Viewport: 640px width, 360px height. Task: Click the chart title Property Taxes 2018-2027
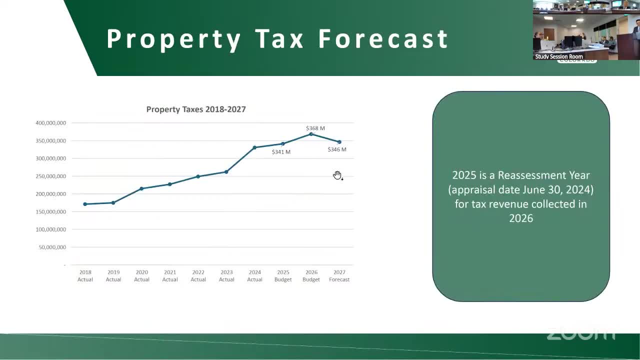[x=196, y=109]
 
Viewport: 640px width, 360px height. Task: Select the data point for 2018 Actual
[x=85, y=204]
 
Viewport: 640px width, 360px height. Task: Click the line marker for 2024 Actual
[x=254, y=147]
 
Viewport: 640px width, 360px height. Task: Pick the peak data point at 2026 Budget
[x=311, y=134]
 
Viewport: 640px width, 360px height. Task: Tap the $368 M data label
[x=315, y=128]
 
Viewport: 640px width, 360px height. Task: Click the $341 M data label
[x=281, y=152]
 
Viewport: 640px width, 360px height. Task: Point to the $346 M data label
[x=337, y=149]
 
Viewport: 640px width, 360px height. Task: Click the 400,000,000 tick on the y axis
[x=50, y=123]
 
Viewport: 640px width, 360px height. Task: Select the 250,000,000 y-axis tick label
[x=50, y=176]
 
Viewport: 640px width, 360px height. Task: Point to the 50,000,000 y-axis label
[x=52, y=247]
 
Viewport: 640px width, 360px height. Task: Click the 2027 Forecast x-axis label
[x=339, y=276]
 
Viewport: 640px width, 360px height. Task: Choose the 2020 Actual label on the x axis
[x=141, y=276]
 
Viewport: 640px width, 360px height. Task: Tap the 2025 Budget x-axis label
[x=283, y=276]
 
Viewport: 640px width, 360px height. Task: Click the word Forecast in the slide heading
[x=383, y=39]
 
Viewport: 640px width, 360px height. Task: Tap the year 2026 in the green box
[x=521, y=218]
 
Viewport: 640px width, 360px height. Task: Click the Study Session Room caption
[x=559, y=56]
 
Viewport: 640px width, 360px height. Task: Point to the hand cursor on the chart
[x=337, y=175]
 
